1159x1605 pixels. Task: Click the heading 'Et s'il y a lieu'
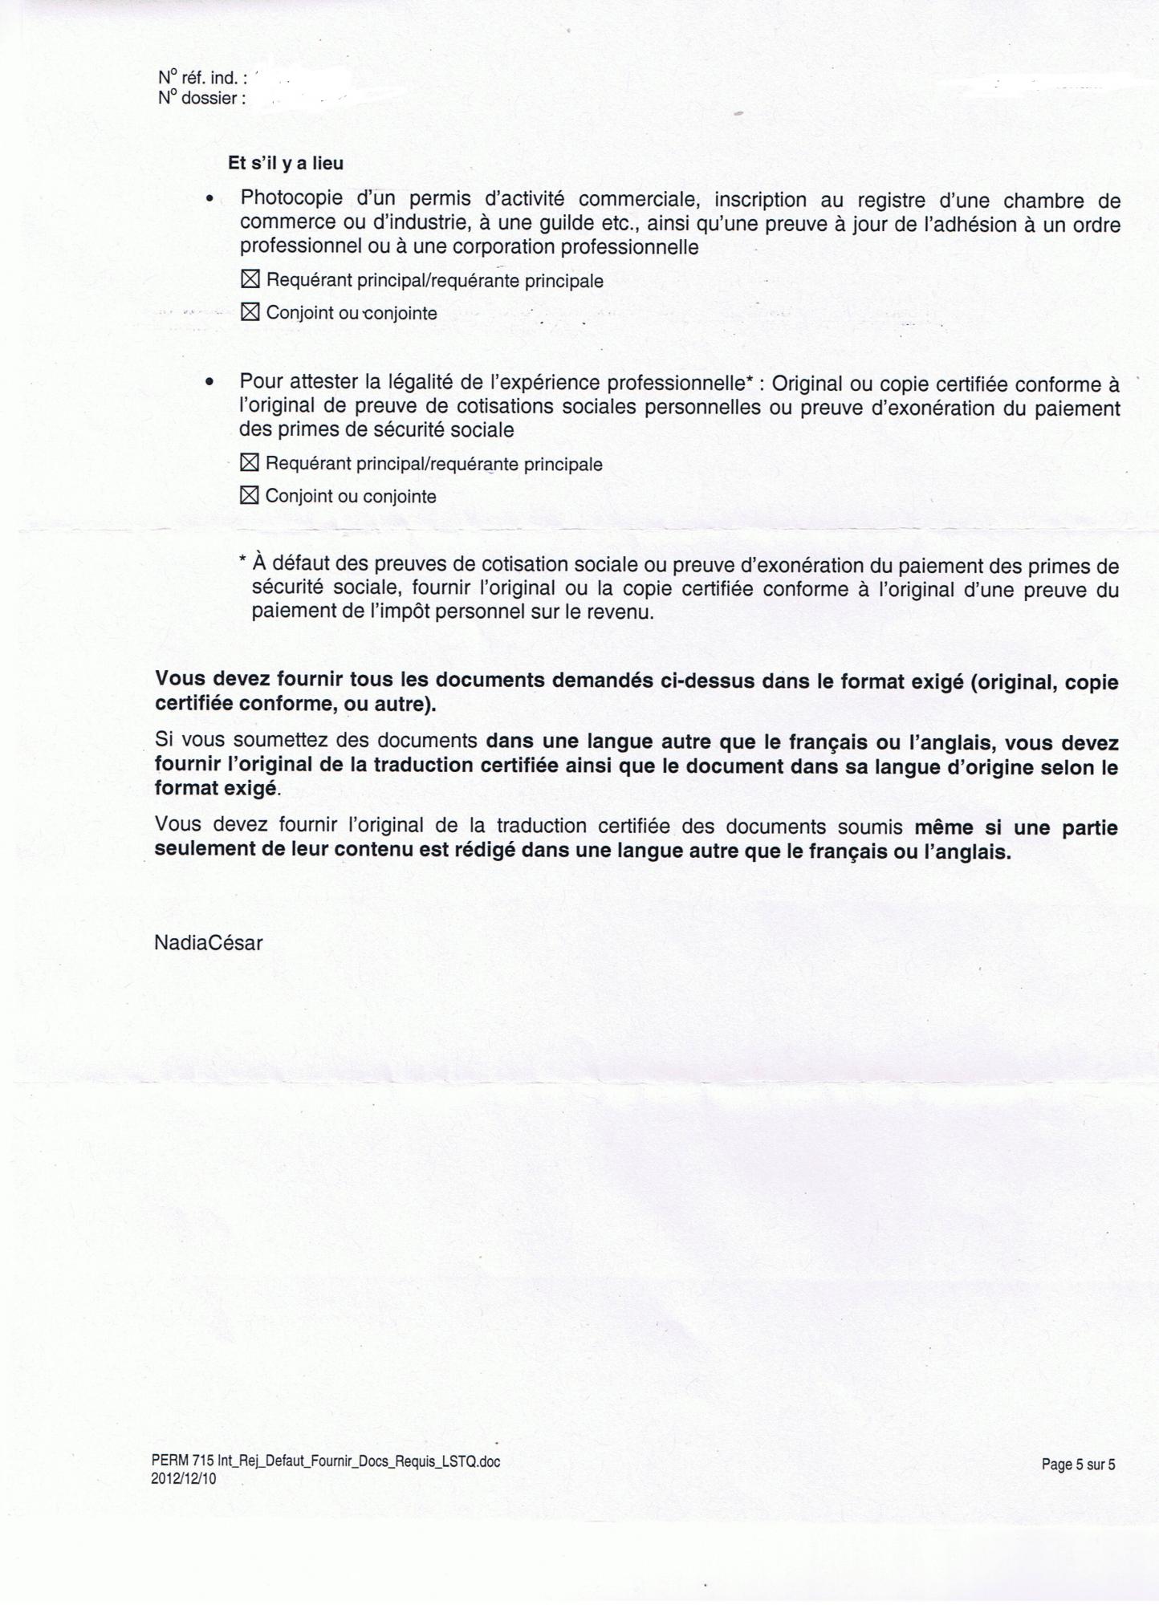286,164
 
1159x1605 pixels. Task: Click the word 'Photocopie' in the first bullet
292,198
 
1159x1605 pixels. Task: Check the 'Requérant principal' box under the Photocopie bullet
250,280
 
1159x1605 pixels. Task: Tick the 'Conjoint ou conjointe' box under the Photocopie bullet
250,312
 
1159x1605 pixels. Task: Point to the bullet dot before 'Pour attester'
209,383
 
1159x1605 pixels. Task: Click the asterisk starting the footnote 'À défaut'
243,562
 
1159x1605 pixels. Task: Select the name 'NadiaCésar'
208,943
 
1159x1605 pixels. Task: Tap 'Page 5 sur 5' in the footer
1078,1465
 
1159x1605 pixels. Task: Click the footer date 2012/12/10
183,1478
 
